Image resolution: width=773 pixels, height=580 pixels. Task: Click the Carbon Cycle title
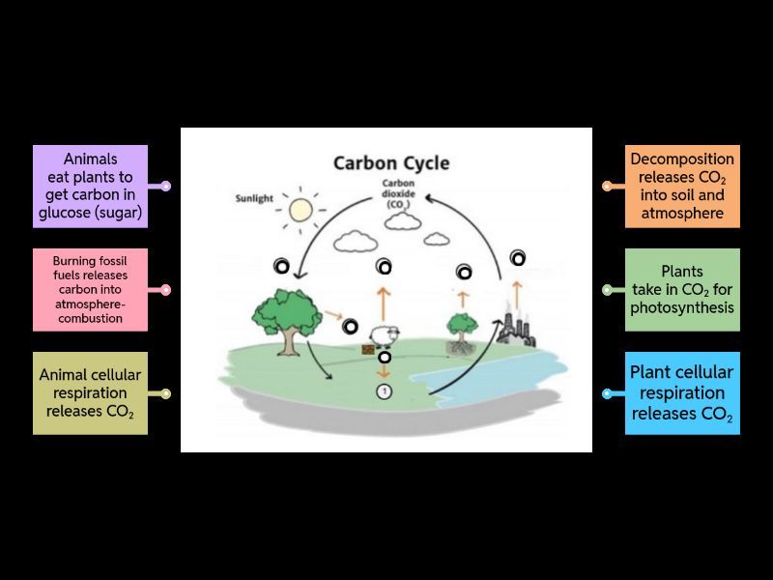(x=390, y=162)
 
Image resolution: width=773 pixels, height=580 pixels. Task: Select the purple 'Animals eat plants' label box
(x=90, y=187)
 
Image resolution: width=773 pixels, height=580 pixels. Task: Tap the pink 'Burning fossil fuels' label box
(x=90, y=289)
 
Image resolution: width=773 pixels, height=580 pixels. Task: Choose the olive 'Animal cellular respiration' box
(x=90, y=392)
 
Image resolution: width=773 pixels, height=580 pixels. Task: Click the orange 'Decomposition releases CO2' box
(x=682, y=187)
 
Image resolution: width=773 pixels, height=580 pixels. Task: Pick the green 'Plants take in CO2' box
(x=682, y=290)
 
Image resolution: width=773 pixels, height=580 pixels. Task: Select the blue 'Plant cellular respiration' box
(x=682, y=392)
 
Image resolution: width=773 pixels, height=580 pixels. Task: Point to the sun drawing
(x=301, y=210)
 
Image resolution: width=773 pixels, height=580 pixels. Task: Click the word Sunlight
(x=255, y=199)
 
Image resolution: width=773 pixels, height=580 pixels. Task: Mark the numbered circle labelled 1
(x=384, y=391)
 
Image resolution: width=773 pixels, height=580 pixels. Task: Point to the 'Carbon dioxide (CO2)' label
(x=398, y=193)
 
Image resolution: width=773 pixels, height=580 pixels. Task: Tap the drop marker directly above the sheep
(x=384, y=266)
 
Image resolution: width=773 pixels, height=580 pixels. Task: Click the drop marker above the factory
(x=518, y=257)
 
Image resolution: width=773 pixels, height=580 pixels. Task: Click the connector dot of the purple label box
(x=166, y=187)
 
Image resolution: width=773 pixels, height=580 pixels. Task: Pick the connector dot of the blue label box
(x=607, y=393)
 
